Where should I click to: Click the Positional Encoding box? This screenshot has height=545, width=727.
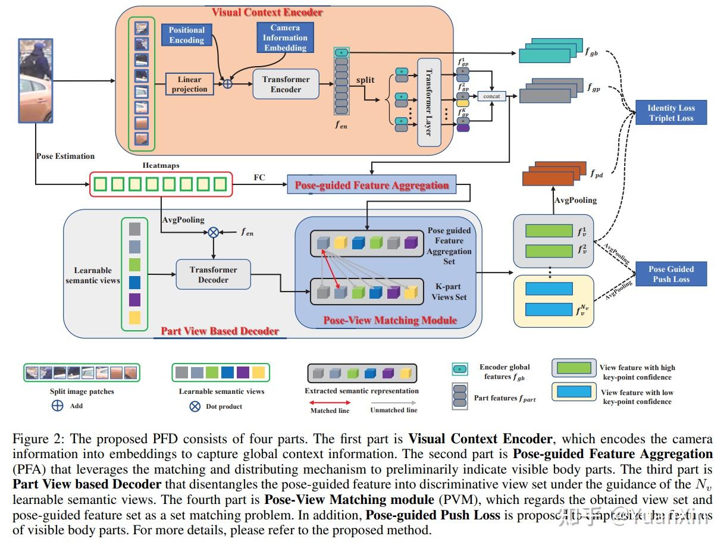click(x=186, y=35)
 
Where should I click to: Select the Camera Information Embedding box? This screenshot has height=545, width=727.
click(x=285, y=37)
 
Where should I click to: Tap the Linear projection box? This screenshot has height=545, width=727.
click(x=189, y=84)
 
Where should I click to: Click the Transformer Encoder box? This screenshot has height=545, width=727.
click(x=286, y=84)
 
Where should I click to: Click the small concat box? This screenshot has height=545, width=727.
click(x=491, y=96)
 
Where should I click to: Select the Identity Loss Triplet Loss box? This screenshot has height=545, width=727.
click(x=670, y=113)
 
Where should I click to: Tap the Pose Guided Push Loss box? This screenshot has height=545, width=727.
click(x=671, y=274)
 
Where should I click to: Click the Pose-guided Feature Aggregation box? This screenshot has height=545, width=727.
click(x=372, y=186)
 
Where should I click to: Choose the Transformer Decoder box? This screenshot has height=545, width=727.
click(x=213, y=275)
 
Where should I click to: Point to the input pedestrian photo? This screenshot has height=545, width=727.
click(x=36, y=80)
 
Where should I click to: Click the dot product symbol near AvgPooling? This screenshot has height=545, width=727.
click(x=213, y=233)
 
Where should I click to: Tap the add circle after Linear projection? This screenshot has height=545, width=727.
click(x=227, y=84)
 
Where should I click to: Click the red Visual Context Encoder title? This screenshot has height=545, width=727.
click(x=268, y=12)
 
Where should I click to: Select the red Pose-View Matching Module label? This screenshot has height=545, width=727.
click(x=390, y=320)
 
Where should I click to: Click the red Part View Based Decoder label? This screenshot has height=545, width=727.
click(x=220, y=331)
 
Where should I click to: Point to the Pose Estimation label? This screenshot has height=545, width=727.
click(x=65, y=156)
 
